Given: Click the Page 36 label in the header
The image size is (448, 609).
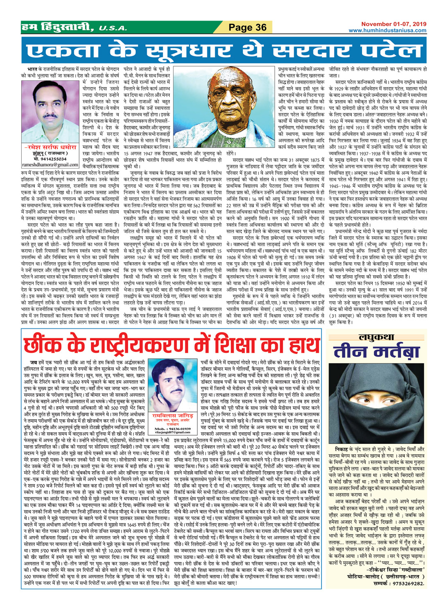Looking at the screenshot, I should [248, 27].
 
